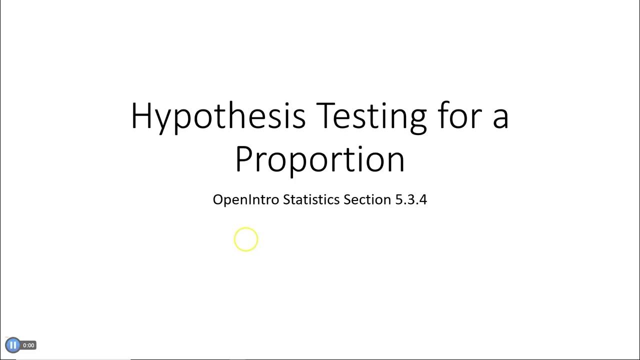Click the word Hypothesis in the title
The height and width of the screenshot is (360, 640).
point(218,116)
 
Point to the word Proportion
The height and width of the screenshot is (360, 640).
point(319,159)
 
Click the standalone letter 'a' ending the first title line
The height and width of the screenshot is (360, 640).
point(500,118)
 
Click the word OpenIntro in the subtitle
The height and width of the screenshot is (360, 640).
point(245,199)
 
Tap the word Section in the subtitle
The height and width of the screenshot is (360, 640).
point(367,199)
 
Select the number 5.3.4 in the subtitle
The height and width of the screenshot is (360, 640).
point(411,199)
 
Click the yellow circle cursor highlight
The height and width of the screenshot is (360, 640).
point(246,239)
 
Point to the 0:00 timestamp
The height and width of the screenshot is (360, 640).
point(28,345)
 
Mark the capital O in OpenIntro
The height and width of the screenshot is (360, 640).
point(217,199)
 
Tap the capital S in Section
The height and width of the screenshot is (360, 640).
point(347,199)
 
